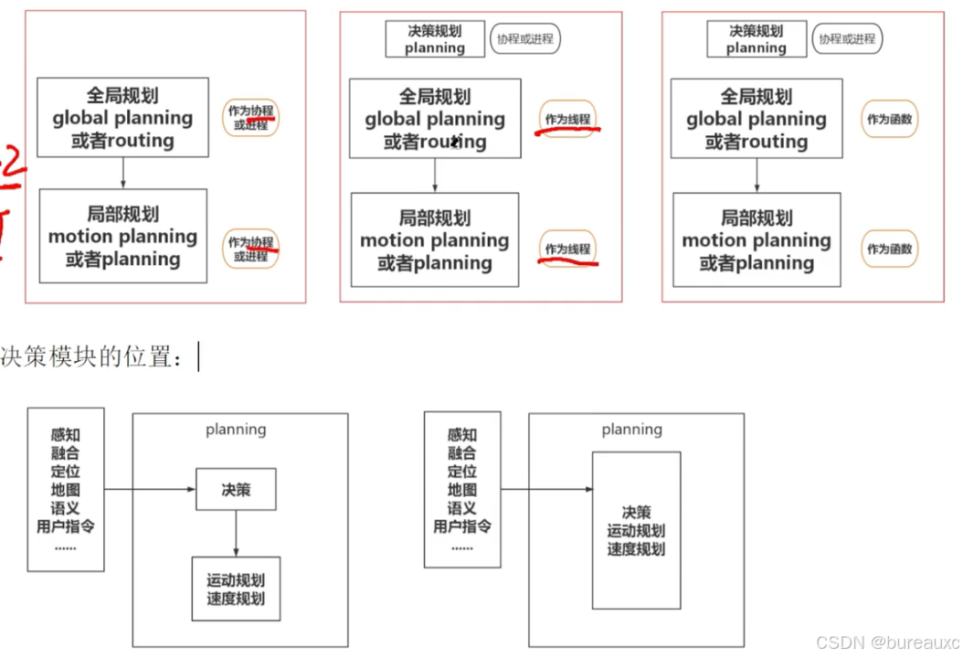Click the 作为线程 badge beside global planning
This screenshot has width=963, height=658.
click(x=567, y=119)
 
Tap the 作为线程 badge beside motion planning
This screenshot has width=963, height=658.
click(x=567, y=249)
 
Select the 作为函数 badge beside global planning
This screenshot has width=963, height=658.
click(x=889, y=119)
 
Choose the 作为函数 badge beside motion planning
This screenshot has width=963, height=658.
click(x=889, y=249)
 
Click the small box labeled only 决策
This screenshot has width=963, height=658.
click(x=236, y=490)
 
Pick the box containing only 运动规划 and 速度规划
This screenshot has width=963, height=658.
click(x=236, y=589)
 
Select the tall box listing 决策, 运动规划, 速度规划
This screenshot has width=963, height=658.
click(x=636, y=530)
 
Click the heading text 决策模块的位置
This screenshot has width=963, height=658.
click(x=91, y=357)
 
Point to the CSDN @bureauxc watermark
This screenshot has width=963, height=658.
click(x=887, y=642)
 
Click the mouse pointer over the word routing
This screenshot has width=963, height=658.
click(x=455, y=142)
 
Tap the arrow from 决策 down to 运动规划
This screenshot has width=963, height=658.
click(x=236, y=533)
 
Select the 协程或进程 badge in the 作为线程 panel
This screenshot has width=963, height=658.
click(x=525, y=38)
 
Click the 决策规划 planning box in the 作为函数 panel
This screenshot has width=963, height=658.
click(x=757, y=39)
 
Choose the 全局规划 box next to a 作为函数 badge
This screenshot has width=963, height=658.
click(x=757, y=119)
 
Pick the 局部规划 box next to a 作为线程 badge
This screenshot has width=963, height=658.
click(x=435, y=240)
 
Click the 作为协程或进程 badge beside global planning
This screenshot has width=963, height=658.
click(x=250, y=118)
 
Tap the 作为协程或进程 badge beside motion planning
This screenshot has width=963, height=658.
click(x=250, y=249)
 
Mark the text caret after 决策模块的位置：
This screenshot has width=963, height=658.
click(x=198, y=357)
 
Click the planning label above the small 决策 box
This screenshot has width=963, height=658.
click(x=236, y=430)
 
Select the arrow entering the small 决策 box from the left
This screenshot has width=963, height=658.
click(x=151, y=490)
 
